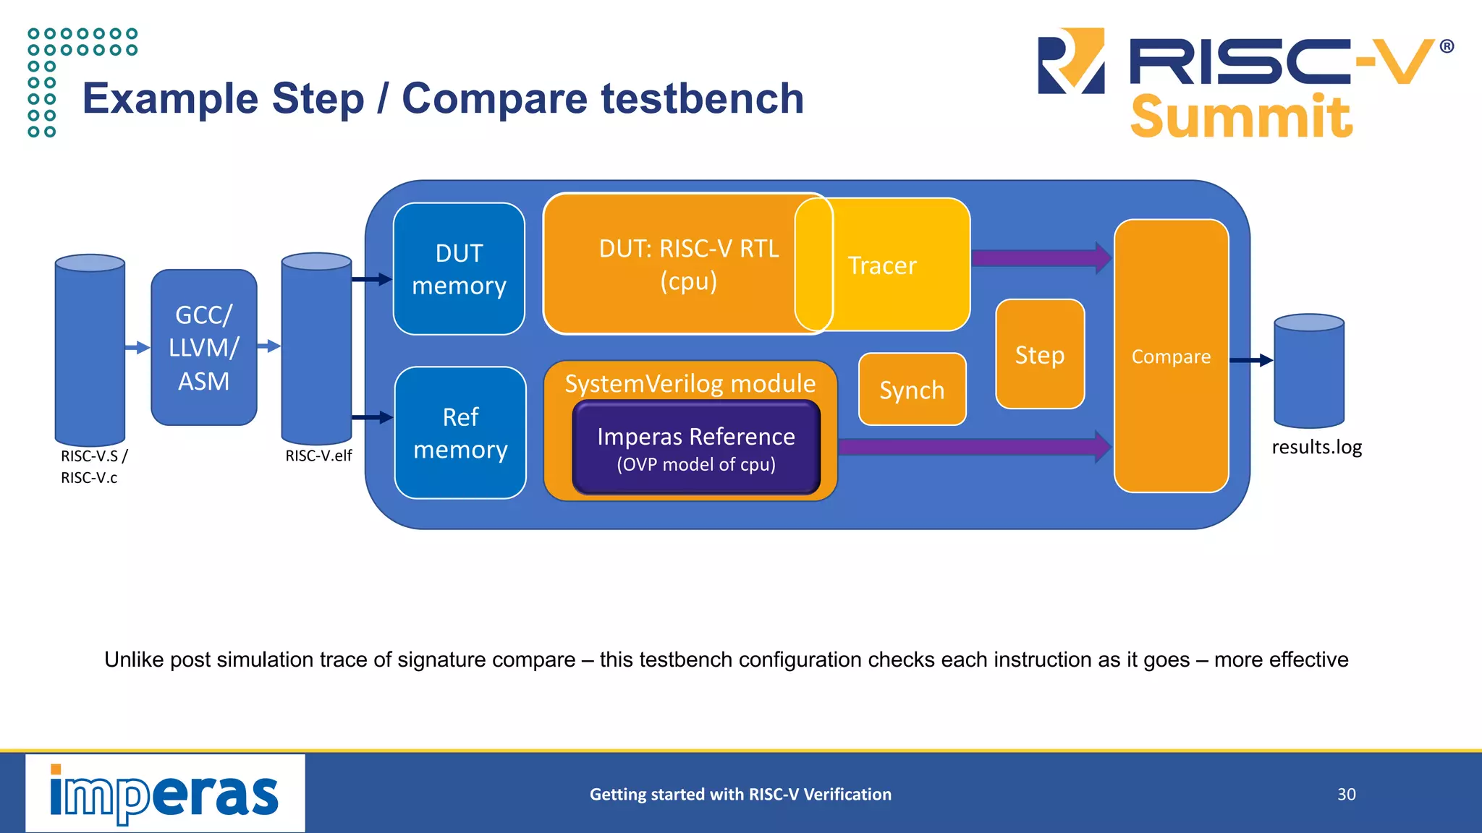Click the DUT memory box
pos(459,269)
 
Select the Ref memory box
pos(460,432)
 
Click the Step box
pos(1040,354)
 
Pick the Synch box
pos(912,390)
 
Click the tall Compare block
pos(1171,356)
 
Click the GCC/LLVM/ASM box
pos(204,348)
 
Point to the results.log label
pos(1316,447)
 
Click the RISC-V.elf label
pos(318,456)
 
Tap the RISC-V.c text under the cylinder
pos(89,478)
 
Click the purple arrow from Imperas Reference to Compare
pos(973,446)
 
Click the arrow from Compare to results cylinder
pos(1250,360)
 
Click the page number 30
pos(1346,794)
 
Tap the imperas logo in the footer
pos(165,793)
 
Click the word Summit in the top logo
pos(1241,117)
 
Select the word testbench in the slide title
pos(702,98)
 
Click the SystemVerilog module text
pos(690,383)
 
